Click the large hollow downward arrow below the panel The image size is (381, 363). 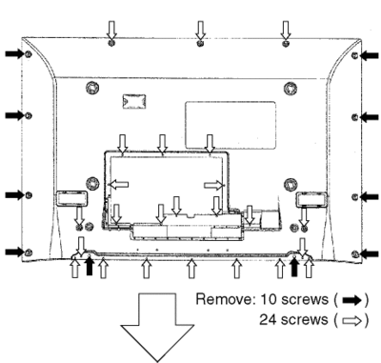click(x=157, y=327)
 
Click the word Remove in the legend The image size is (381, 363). click(x=225, y=299)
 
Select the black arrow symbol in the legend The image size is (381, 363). click(x=351, y=300)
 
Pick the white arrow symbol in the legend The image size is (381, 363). click(x=351, y=321)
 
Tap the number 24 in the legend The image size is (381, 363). click(x=268, y=319)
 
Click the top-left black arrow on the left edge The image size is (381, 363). click(x=14, y=54)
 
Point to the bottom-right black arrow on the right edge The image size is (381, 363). click(x=369, y=253)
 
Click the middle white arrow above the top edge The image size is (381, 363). click(x=200, y=30)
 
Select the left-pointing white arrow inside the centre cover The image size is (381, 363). click(x=119, y=184)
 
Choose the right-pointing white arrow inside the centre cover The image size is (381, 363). click(x=214, y=185)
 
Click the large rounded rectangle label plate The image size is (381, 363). click(x=231, y=125)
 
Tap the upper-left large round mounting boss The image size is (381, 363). click(x=92, y=87)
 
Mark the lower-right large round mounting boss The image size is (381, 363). click(x=291, y=184)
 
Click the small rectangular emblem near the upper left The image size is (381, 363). click(x=134, y=101)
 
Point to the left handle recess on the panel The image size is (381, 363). click(x=71, y=198)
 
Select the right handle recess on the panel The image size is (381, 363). click(x=311, y=199)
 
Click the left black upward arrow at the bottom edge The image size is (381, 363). click(x=90, y=266)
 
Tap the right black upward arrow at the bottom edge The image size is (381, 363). click(x=294, y=266)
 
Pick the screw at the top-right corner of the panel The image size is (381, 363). click(x=355, y=55)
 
